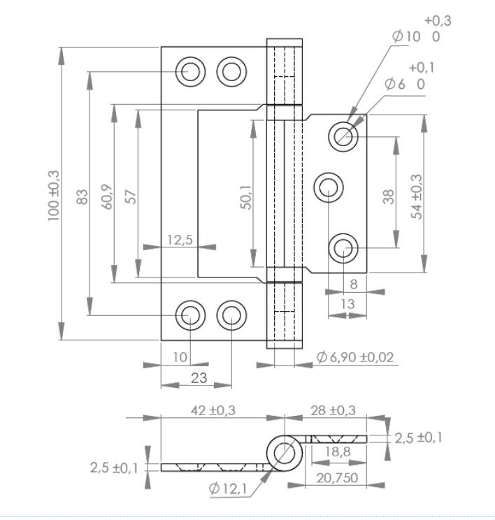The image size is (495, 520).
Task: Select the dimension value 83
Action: pyautogui.click(x=82, y=196)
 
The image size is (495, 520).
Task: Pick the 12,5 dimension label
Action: pyautogui.click(x=180, y=240)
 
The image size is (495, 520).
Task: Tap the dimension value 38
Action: pyautogui.click(x=389, y=196)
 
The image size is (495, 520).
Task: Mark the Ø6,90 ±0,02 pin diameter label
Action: pyautogui.click(x=355, y=357)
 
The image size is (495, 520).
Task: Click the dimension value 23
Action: pyautogui.click(x=199, y=378)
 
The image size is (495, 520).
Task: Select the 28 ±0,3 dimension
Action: pyautogui.click(x=333, y=410)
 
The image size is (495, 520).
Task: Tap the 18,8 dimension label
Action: pyautogui.click(x=338, y=453)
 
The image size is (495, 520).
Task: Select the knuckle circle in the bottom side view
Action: pyautogui.click(x=285, y=452)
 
